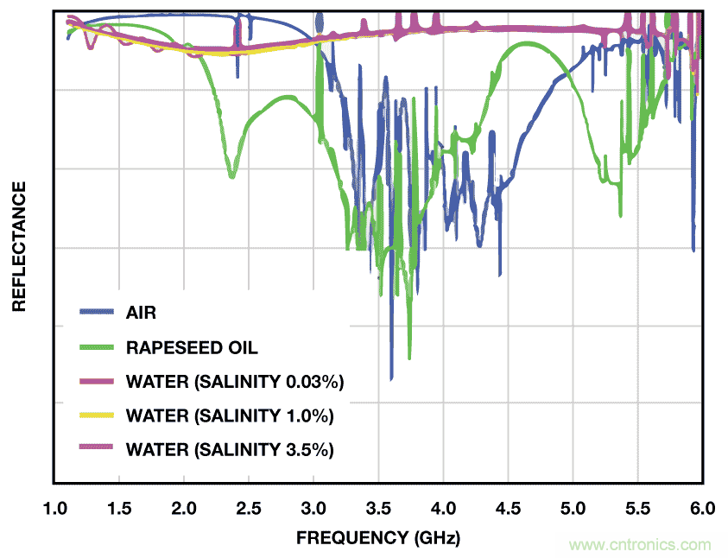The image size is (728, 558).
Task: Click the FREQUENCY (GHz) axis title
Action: pos(378,538)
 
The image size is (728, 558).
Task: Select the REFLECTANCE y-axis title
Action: pos(18,246)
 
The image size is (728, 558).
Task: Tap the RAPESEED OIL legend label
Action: pos(192,347)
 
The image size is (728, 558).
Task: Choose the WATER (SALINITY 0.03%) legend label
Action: pos(235,381)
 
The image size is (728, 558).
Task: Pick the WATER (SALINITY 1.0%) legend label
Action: pos(230,415)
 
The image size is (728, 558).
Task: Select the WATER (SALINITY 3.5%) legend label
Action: pos(230,449)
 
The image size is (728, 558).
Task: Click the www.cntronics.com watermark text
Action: pos(640,545)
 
